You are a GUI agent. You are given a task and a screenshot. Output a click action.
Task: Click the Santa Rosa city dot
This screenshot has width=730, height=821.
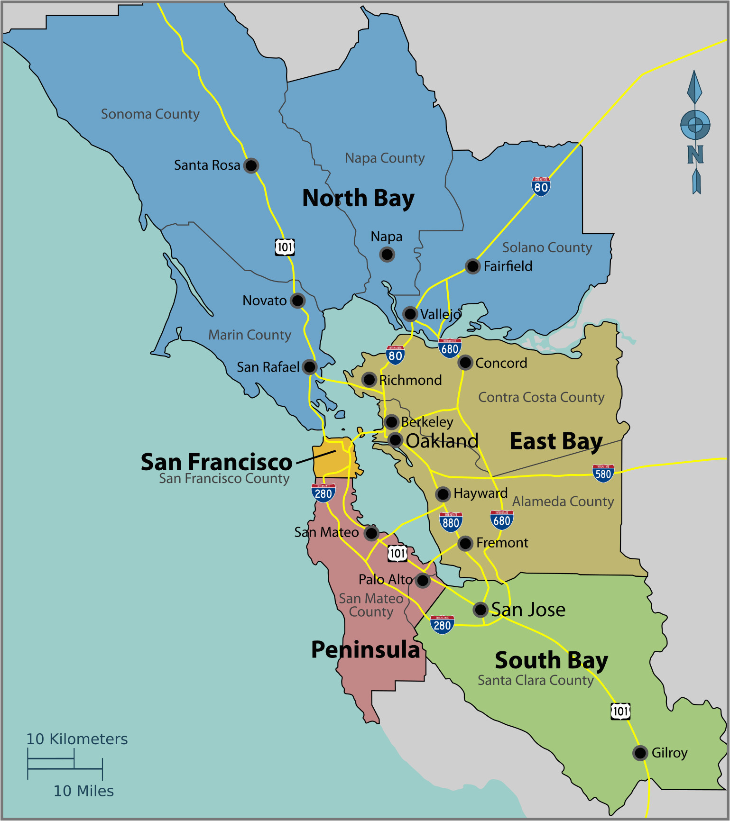point(251,165)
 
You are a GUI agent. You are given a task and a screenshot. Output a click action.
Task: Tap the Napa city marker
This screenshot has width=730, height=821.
point(387,255)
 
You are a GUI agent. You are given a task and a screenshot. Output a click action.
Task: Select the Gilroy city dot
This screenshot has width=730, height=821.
point(640,752)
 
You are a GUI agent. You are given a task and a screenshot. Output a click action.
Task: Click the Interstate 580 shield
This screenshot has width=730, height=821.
point(603,473)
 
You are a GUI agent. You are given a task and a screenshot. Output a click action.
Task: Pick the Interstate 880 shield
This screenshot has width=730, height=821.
point(451,522)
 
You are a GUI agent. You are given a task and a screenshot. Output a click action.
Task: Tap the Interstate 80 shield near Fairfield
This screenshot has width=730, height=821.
point(541,186)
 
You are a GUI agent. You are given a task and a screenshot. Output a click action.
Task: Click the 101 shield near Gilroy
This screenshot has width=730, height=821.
point(620,711)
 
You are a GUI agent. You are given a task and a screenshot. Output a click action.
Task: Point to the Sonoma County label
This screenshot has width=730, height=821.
point(150,114)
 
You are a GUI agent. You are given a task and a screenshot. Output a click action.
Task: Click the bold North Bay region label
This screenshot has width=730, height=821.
point(358,198)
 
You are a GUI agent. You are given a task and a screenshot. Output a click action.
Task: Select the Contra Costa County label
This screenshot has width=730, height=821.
point(541,397)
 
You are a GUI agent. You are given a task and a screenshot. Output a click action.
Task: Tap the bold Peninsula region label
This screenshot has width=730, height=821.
point(365,649)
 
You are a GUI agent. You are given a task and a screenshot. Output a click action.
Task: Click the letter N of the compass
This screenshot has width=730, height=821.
point(695,155)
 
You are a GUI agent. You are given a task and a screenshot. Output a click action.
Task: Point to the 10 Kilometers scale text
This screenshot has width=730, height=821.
point(77,739)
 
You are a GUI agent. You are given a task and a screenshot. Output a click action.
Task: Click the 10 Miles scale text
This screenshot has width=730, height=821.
point(83,791)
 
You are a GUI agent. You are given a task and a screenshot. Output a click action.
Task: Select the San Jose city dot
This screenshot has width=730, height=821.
point(481,609)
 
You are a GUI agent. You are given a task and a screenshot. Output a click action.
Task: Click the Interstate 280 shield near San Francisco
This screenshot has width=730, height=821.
point(323,493)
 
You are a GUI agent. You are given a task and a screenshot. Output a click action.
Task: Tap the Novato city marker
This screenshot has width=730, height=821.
point(297,301)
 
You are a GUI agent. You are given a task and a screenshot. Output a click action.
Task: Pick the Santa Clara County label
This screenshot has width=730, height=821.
point(535,680)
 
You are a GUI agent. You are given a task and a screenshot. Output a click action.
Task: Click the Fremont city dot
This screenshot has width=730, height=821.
point(465,543)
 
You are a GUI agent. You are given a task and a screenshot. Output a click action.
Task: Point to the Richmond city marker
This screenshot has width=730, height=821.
point(369,379)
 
